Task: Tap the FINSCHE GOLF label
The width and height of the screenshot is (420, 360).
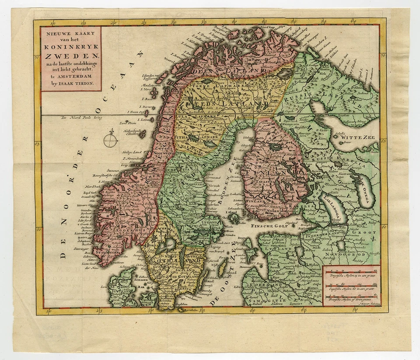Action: [267, 226]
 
